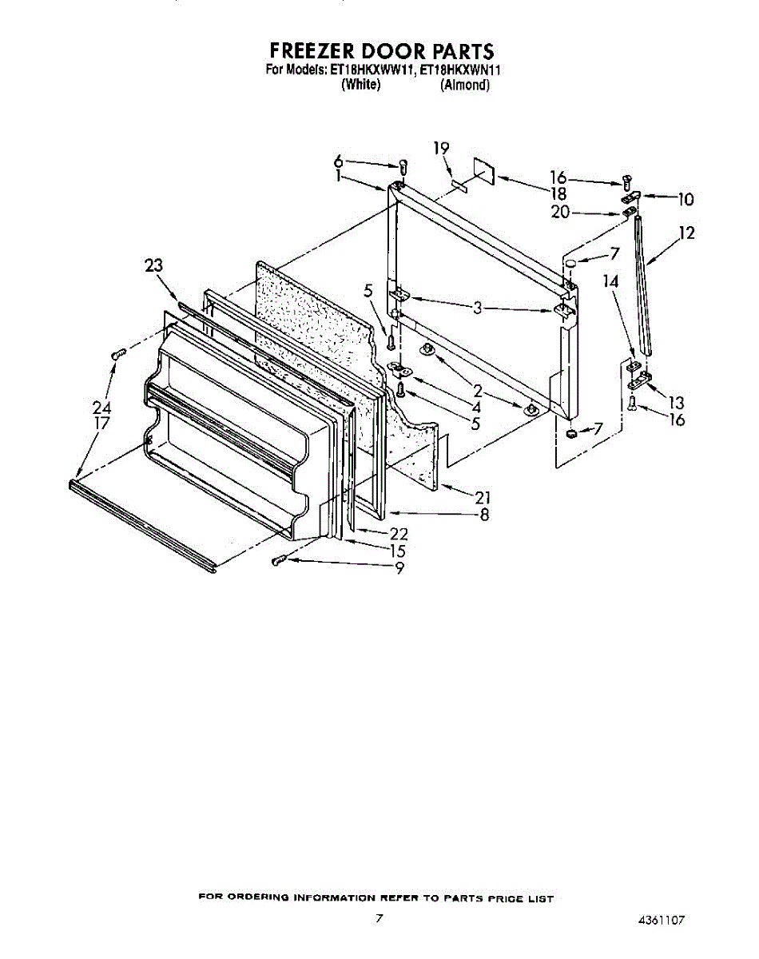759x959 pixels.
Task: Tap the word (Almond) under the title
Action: click(x=464, y=85)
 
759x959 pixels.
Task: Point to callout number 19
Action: click(x=441, y=148)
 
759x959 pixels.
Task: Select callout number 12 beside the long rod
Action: click(x=686, y=233)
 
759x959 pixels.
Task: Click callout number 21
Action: click(x=482, y=499)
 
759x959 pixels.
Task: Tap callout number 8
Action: click(x=484, y=515)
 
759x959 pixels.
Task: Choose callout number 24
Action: click(x=102, y=408)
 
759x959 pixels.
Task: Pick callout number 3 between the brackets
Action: click(x=477, y=307)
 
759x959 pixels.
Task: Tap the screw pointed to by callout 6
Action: click(x=403, y=167)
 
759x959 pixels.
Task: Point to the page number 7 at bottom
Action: click(x=380, y=919)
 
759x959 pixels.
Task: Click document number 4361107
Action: click(x=662, y=921)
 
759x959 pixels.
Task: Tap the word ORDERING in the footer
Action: click(x=261, y=899)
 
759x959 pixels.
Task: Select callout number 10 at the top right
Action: click(x=685, y=199)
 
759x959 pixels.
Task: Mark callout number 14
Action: click(x=610, y=281)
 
